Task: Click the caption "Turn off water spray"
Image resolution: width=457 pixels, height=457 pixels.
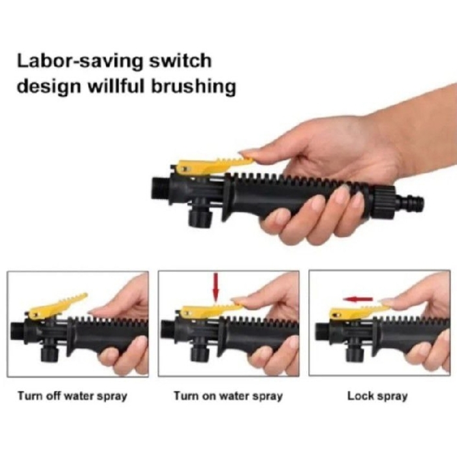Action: pyautogui.click(x=72, y=396)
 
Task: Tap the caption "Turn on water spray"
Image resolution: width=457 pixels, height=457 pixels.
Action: pyautogui.click(x=228, y=396)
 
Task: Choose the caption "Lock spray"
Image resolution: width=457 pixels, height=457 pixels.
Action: pyautogui.click(x=377, y=396)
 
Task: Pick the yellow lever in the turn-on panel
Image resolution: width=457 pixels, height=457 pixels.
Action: pyautogui.click(x=206, y=310)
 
